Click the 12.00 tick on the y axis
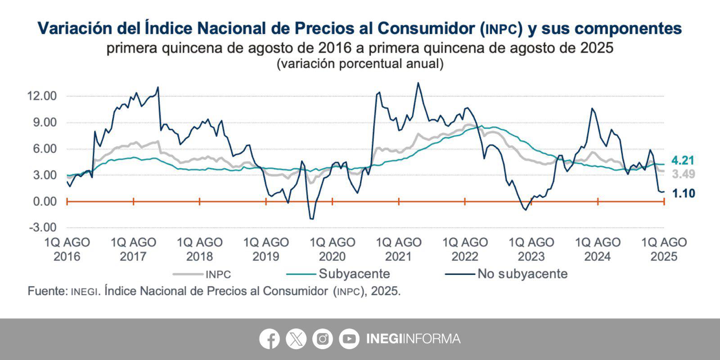pos(41,96)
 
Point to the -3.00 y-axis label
pos(42,227)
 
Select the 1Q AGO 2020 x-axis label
pos(332,249)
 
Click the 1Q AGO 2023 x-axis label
pos(531,249)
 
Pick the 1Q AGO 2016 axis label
pos(67,249)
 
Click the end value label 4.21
pos(683,160)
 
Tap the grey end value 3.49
pos(683,174)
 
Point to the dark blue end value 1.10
pos(683,193)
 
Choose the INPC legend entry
pos(218,274)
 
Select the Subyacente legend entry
pos(354,274)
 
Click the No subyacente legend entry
pos(522,274)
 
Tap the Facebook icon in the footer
pos(269,339)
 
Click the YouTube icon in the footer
pos(349,339)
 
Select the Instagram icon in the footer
pos(322,339)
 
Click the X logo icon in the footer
pos(296,339)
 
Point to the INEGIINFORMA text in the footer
pos(413,339)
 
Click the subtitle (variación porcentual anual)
pos(360,64)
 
